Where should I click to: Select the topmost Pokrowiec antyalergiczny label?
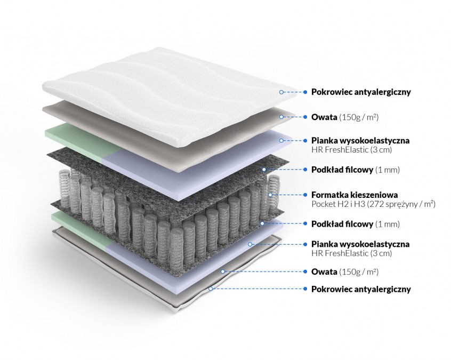tap(361, 92)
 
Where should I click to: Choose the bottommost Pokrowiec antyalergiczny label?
tap(361, 289)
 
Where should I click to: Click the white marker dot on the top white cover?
tap(280, 92)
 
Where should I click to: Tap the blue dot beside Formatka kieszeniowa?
tap(305, 195)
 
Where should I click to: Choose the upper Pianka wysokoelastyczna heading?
tap(360, 141)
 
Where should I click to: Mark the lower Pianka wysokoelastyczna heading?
tap(360, 244)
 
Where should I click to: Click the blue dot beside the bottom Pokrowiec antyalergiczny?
tap(305, 289)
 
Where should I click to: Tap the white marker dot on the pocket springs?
tap(270, 195)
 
